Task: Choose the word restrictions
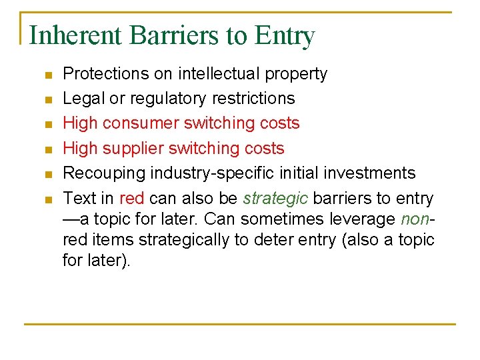coord(253,99)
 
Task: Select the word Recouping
coord(103,173)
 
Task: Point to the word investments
coord(370,173)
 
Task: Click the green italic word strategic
coord(275,199)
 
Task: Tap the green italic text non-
coord(417,219)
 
